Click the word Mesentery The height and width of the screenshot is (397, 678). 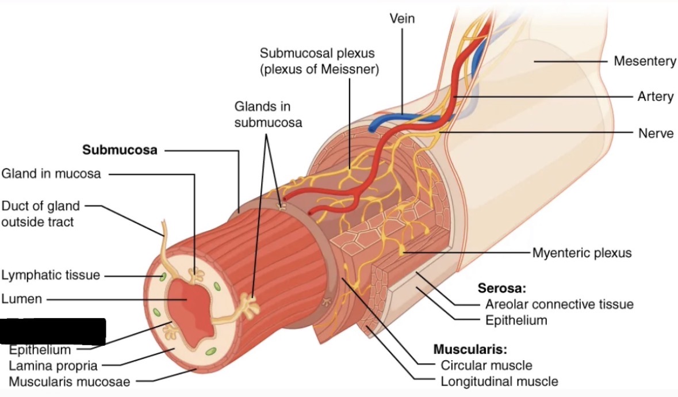pos(645,61)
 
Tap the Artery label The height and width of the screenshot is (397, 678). pos(655,97)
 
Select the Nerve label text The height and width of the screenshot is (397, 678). pos(656,133)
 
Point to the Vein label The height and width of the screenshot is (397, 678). pos(402,18)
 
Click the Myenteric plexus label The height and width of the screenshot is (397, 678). pos(581,253)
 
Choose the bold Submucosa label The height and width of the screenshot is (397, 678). pos(120,150)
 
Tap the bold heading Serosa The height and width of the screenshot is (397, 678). pos(502,288)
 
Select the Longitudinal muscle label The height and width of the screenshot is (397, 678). pos(499,381)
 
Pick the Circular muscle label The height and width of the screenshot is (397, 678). pos(486,365)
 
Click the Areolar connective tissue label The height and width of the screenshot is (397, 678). pos(559,304)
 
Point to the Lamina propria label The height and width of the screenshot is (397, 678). pos(53,365)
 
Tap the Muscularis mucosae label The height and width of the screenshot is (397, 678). pos(70,381)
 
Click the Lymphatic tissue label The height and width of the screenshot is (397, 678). pos(51,275)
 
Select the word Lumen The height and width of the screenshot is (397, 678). pos(21,299)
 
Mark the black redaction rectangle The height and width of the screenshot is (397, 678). pos(53,331)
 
